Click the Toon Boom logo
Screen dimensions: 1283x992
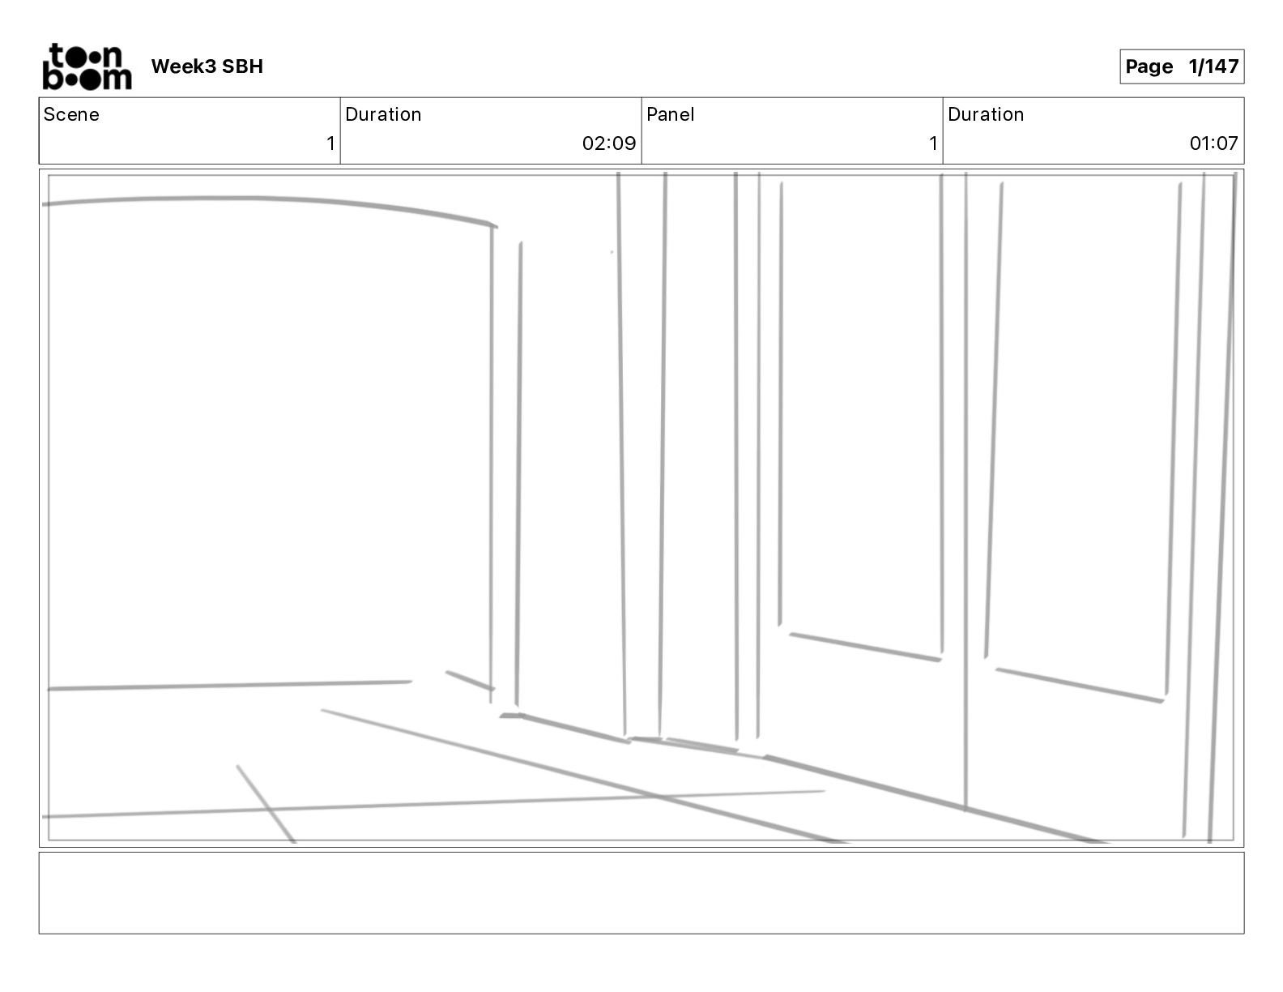pos(87,66)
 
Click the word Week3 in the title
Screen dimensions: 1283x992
pos(183,66)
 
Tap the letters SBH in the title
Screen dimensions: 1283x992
pos(242,66)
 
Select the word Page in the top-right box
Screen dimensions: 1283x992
pos(1149,66)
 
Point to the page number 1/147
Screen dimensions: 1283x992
pos(1213,66)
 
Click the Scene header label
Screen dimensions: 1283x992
pos(71,114)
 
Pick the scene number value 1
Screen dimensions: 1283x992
pos(330,143)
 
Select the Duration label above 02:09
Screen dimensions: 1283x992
pos(383,114)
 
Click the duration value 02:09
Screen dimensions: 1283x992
pos(609,143)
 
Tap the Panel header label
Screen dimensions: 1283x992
pos(671,114)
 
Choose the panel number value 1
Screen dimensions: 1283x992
pos(933,143)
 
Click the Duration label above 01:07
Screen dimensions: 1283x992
pos(986,114)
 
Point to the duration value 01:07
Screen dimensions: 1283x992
pos(1213,143)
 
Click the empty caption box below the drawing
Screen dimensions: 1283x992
pos(641,892)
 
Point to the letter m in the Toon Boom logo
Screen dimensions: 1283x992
pos(116,79)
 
